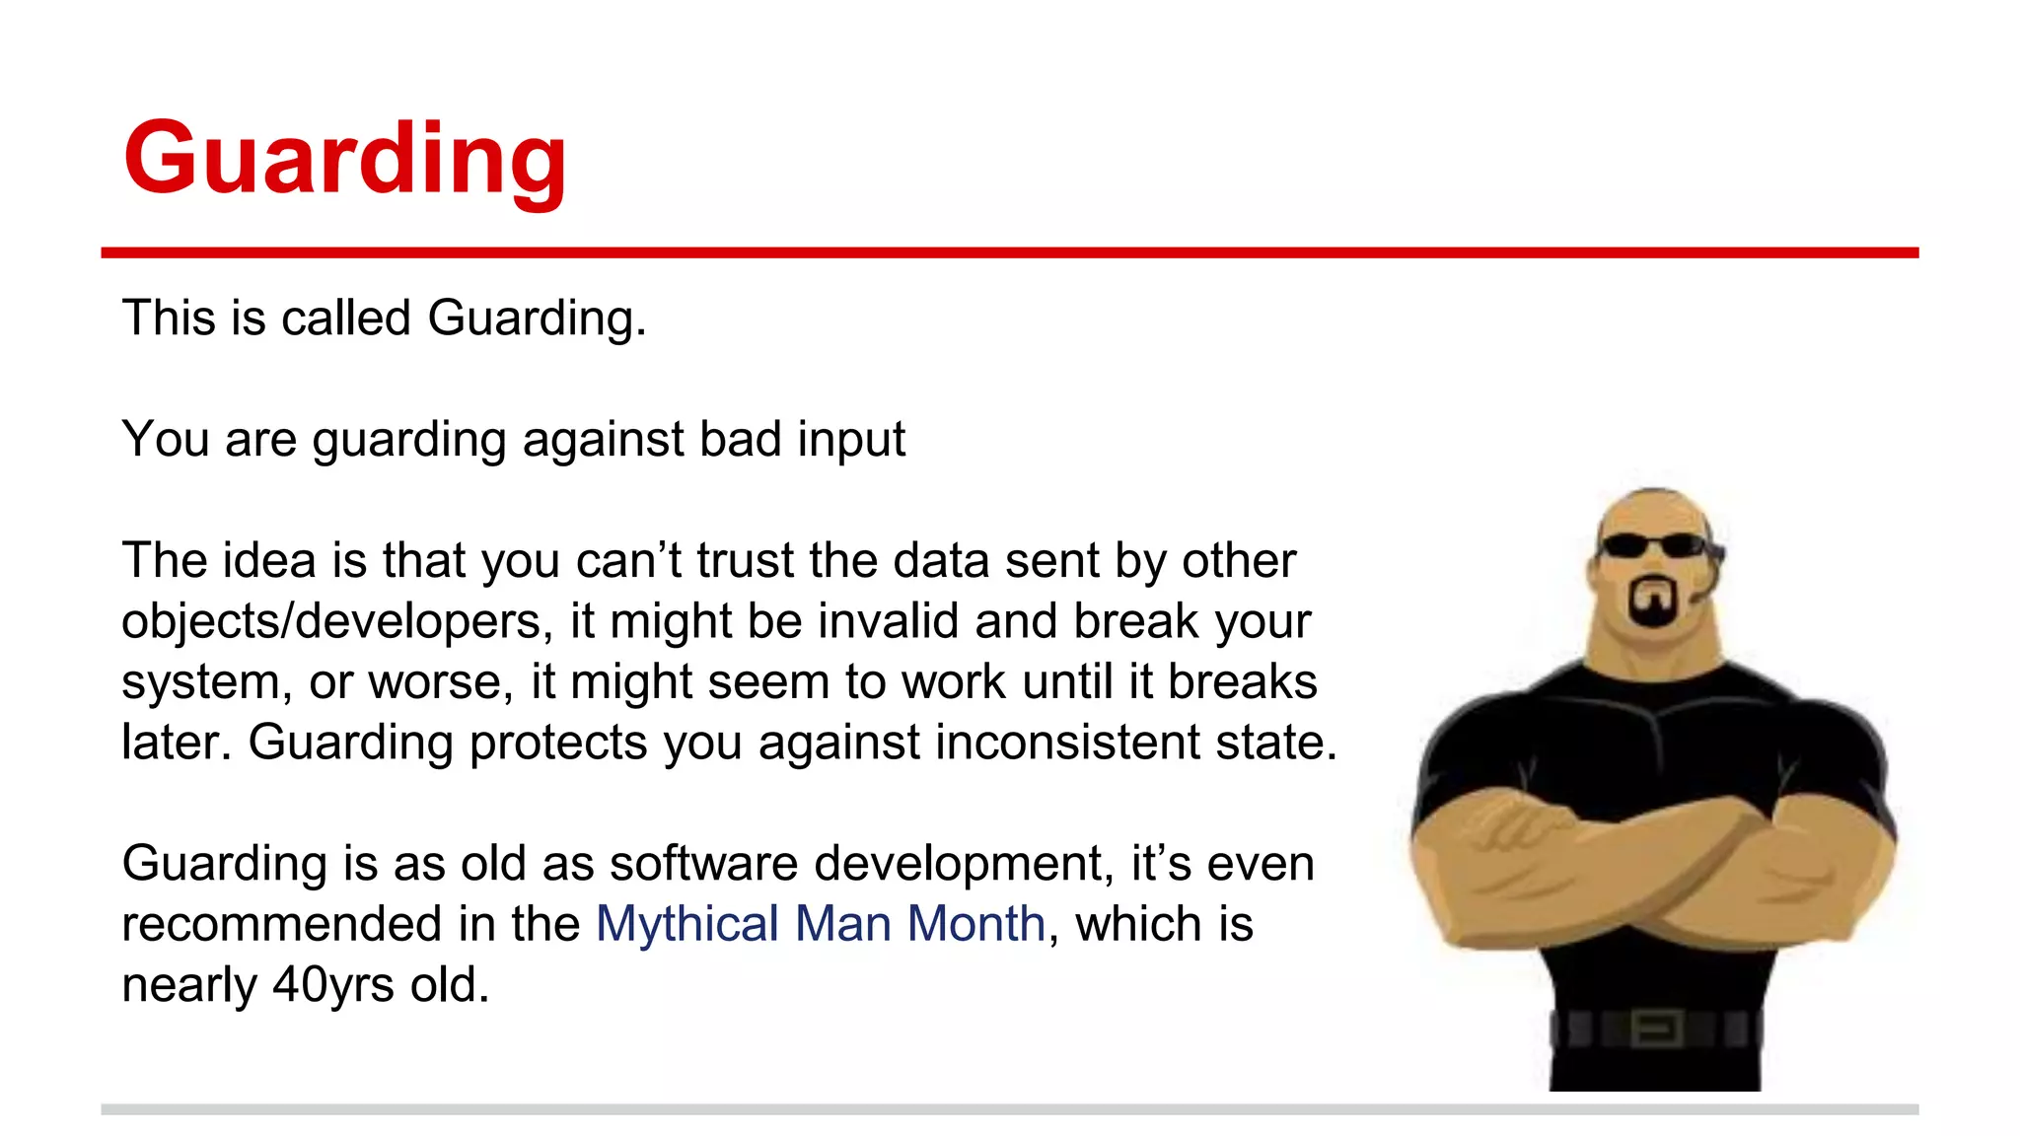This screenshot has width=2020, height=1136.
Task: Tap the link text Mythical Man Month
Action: (820, 924)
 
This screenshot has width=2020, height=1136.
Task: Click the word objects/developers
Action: (331, 621)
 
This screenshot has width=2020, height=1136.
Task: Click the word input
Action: (851, 439)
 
